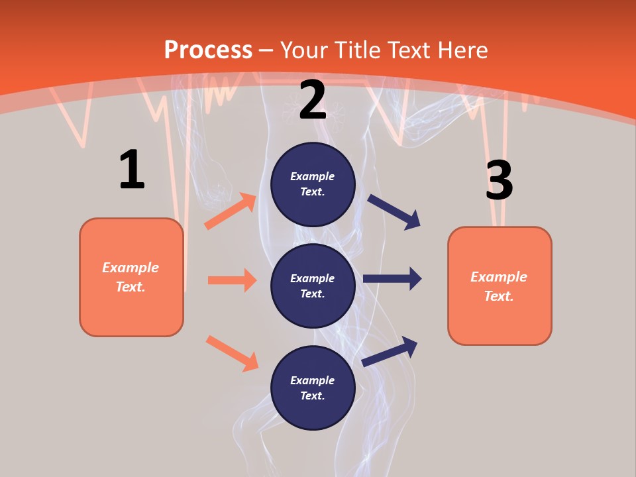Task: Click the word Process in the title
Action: (x=208, y=50)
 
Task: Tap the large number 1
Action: (x=132, y=170)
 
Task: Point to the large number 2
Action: (x=313, y=101)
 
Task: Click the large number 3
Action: (x=499, y=180)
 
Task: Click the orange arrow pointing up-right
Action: (x=231, y=211)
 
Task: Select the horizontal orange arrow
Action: (x=232, y=280)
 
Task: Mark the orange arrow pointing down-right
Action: (x=232, y=353)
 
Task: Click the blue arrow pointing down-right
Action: (x=394, y=212)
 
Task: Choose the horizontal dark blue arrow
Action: (x=392, y=278)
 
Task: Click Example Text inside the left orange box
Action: (x=131, y=277)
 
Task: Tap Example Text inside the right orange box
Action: (x=499, y=286)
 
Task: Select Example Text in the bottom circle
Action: (x=312, y=388)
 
